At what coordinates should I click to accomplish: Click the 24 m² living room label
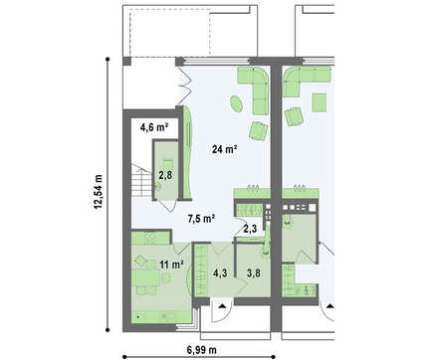(x=225, y=149)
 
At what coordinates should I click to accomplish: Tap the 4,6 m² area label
(x=154, y=127)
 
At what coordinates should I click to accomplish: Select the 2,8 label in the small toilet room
(x=165, y=175)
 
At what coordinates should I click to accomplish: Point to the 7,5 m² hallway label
(x=202, y=219)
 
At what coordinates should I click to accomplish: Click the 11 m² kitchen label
(x=172, y=265)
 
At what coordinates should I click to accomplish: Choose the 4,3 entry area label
(x=220, y=273)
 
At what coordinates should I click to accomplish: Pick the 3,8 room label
(x=254, y=273)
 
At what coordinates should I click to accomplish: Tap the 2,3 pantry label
(x=250, y=229)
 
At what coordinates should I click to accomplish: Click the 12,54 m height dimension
(x=99, y=192)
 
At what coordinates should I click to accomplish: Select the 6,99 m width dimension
(x=202, y=349)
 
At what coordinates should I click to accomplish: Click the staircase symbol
(x=141, y=181)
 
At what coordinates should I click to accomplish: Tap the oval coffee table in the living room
(x=237, y=104)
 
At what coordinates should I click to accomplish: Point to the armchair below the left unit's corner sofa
(x=258, y=130)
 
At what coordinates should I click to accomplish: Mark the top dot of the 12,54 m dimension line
(x=108, y=59)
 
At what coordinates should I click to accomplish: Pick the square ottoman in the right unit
(x=320, y=102)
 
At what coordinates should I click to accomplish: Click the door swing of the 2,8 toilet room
(x=169, y=206)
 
